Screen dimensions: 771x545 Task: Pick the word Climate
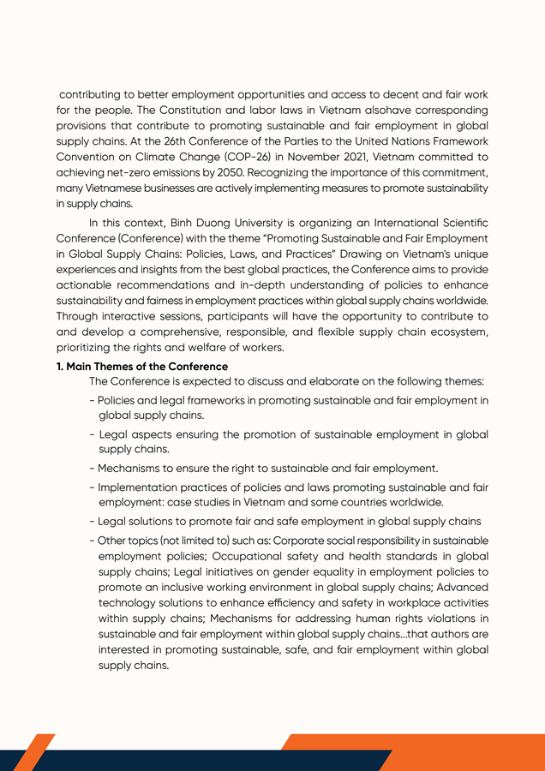(x=144, y=157)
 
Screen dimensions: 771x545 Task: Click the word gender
(x=284, y=571)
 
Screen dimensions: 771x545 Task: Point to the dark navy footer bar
(x=214, y=761)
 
